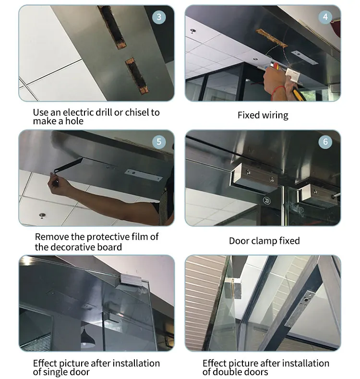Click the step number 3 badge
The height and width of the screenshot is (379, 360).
pyautogui.click(x=159, y=17)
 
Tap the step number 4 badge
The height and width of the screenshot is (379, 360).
pyautogui.click(x=325, y=17)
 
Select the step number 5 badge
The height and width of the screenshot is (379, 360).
pyautogui.click(x=159, y=142)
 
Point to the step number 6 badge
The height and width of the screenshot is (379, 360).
pyautogui.click(x=325, y=142)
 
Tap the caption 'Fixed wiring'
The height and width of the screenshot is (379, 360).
pyautogui.click(x=263, y=115)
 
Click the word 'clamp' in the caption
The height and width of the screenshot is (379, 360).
pyautogui.click(x=264, y=241)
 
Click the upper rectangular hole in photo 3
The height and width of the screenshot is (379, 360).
pyautogui.click(x=112, y=26)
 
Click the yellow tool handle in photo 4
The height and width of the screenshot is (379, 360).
pyautogui.click(x=299, y=94)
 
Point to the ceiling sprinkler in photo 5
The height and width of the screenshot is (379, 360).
pyautogui.click(x=42, y=215)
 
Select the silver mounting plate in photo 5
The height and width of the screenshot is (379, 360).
pyautogui.click(x=144, y=175)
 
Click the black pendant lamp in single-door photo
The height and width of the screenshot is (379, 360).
pyautogui.click(x=88, y=337)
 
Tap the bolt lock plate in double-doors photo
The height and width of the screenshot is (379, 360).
pyautogui.click(x=300, y=309)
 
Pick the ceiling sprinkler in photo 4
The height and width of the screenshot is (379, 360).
pyautogui.click(x=192, y=31)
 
